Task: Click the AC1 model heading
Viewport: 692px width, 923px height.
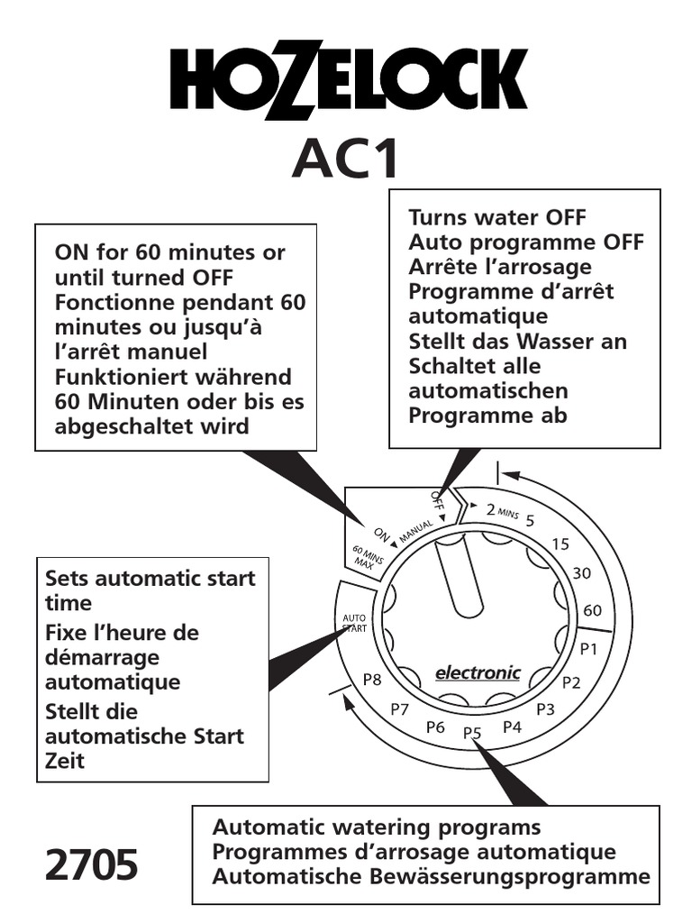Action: (x=345, y=162)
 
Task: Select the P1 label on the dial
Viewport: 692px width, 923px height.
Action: (x=588, y=648)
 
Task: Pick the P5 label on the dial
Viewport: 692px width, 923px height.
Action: (x=473, y=733)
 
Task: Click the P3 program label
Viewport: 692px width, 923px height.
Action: (x=545, y=708)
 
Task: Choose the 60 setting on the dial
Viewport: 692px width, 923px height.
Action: (x=592, y=610)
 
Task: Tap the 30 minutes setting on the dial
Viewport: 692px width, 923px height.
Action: (x=582, y=572)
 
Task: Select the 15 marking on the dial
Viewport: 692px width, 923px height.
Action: (x=560, y=544)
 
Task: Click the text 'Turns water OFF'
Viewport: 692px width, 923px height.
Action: (x=497, y=217)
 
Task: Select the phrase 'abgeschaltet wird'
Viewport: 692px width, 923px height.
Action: (x=151, y=426)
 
